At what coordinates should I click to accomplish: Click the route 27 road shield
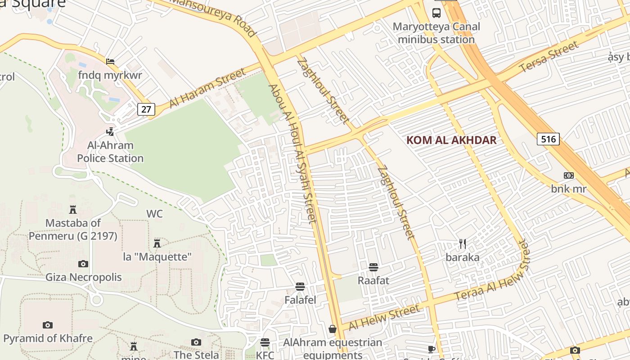[146, 109]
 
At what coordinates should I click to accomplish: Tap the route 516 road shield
[548, 139]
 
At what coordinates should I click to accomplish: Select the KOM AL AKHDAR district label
[451, 140]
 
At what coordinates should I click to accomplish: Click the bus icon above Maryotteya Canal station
[436, 13]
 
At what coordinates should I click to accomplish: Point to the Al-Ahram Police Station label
[110, 152]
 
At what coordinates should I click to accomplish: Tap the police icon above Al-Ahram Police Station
[110, 131]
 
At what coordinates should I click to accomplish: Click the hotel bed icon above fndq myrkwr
[110, 61]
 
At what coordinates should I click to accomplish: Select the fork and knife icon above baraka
[463, 244]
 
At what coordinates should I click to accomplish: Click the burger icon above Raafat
[373, 267]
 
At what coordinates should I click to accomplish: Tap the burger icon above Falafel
[300, 287]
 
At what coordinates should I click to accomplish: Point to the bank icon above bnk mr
[569, 175]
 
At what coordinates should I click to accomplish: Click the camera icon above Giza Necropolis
[83, 264]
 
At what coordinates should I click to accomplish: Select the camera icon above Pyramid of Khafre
[48, 325]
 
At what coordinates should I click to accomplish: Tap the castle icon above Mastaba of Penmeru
[73, 209]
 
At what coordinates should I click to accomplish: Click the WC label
[154, 214]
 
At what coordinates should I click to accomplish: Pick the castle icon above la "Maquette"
[157, 243]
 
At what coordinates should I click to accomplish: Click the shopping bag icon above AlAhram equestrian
[333, 329]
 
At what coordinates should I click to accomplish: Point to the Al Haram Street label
[208, 88]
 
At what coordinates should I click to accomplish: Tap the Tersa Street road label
[549, 57]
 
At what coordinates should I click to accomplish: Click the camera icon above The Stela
[196, 342]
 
